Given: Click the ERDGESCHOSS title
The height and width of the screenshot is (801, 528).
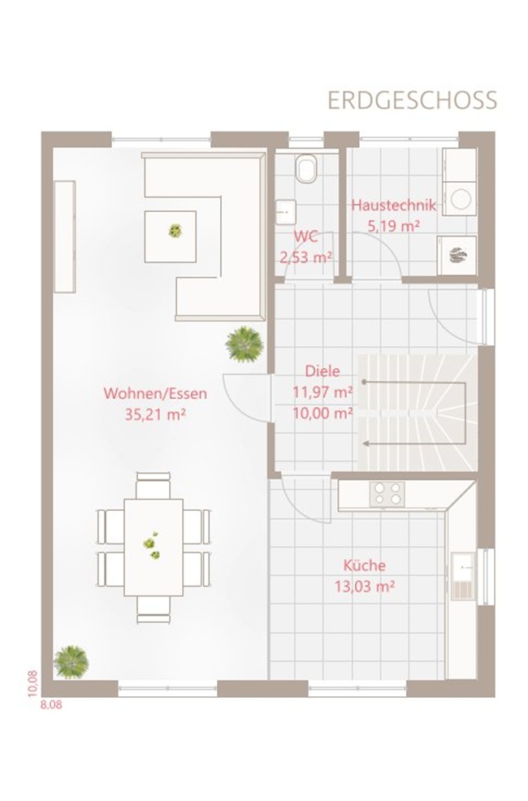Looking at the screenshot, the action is click(x=412, y=101).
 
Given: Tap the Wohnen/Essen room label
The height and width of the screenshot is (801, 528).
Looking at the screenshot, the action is click(x=155, y=393).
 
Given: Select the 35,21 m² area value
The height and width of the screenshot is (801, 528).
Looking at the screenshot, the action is click(x=155, y=414).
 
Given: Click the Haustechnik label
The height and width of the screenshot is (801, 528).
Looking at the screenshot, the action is click(x=394, y=206).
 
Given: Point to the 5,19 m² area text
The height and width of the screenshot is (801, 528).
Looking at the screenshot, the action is click(x=394, y=225).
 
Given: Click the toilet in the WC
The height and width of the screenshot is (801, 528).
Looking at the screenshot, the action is click(x=306, y=167).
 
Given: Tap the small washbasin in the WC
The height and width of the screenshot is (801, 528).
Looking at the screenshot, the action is click(x=286, y=211).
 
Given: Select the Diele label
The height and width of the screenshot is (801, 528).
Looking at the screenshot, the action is click(x=322, y=371).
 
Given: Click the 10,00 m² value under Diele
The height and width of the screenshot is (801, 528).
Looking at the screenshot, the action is click(x=322, y=413).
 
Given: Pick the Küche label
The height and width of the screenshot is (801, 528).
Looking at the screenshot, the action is click(x=364, y=565).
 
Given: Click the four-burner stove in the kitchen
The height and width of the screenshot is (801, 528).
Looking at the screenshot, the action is click(x=387, y=494).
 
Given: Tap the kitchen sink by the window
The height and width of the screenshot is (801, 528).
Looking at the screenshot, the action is click(x=463, y=576).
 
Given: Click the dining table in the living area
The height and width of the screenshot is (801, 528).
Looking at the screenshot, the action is click(x=154, y=547).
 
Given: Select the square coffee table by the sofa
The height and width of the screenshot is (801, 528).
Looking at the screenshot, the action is click(x=170, y=236).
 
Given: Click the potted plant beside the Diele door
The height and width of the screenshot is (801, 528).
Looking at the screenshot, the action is click(x=245, y=344).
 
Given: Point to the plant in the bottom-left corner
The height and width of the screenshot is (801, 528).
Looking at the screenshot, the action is click(x=71, y=662).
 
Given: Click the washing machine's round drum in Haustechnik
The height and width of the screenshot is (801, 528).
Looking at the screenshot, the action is click(x=460, y=199).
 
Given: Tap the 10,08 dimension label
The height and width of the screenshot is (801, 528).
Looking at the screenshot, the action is click(x=32, y=683).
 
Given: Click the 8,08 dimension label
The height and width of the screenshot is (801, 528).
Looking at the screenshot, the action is click(x=51, y=704).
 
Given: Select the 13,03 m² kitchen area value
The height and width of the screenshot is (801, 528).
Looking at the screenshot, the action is click(x=365, y=586).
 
